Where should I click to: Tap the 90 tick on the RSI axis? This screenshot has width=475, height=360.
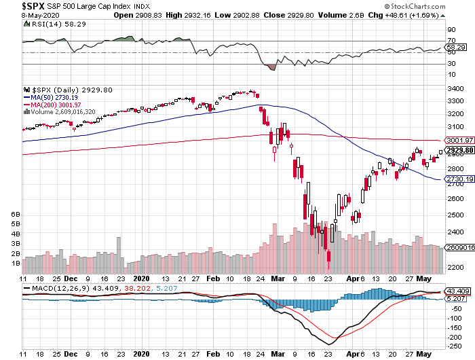[x=451, y=30]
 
